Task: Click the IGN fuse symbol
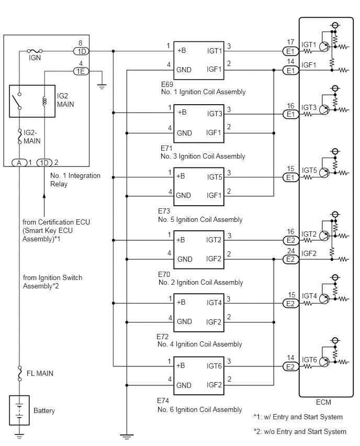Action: point(35,51)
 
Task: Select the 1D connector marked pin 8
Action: point(81,51)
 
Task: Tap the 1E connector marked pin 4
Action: point(81,71)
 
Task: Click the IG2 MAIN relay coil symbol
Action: point(44,101)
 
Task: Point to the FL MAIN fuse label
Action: point(40,373)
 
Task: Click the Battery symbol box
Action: point(19,410)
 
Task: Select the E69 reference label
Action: point(167,84)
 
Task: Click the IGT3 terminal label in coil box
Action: point(215,114)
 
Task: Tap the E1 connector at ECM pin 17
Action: point(290,51)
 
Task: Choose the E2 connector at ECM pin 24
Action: point(290,260)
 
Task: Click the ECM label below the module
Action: point(323,402)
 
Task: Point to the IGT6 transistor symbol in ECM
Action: point(324,362)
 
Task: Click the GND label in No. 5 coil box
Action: point(184,195)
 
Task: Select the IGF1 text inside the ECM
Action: point(309,65)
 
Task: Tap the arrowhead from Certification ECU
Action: point(44,196)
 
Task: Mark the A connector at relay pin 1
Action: point(19,163)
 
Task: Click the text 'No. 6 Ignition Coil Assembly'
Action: point(199,409)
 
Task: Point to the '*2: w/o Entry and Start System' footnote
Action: point(300,431)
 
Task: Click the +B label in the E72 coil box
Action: point(181,302)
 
